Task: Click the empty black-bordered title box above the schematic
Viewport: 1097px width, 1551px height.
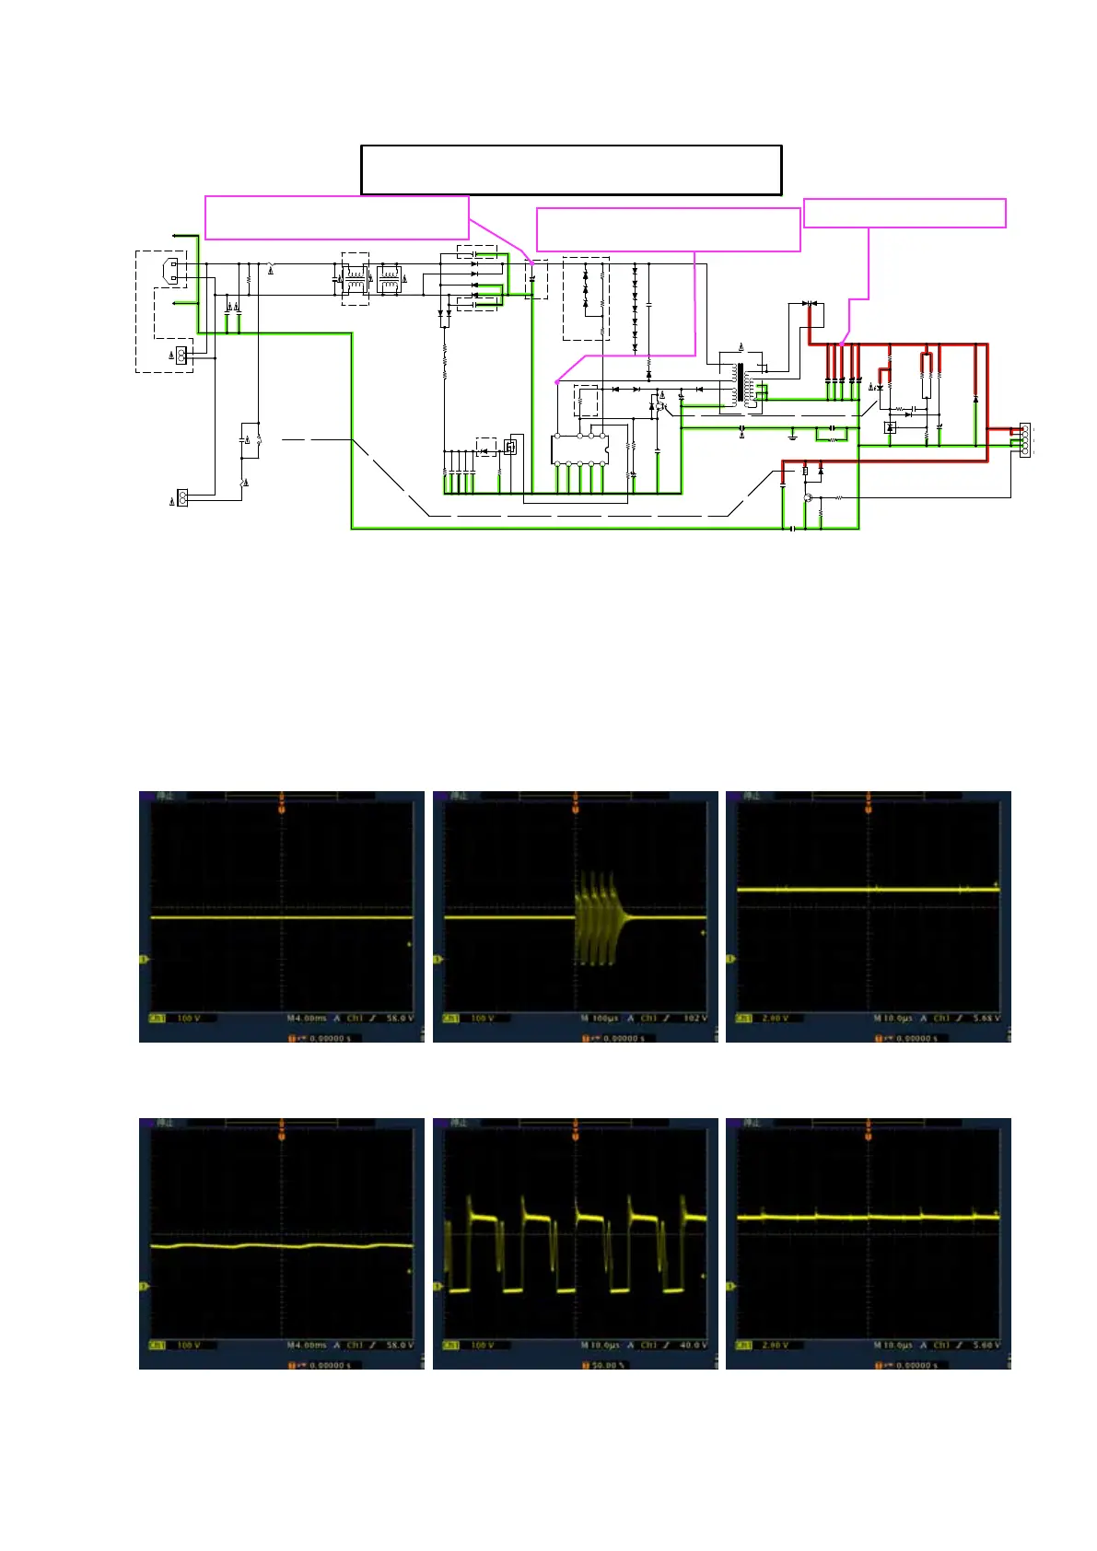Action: pyautogui.click(x=571, y=169)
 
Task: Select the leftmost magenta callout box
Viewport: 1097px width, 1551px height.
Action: pyautogui.click(x=336, y=217)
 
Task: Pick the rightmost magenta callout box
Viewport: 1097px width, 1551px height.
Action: pyautogui.click(x=904, y=213)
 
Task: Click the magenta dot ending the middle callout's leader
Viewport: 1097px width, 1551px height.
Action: pyautogui.click(x=556, y=381)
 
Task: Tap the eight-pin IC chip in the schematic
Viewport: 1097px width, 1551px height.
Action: pyautogui.click(x=579, y=449)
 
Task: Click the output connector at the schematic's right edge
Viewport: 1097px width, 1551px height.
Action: pyautogui.click(x=1025, y=440)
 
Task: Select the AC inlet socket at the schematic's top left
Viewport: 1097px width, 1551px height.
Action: pyautogui.click(x=171, y=271)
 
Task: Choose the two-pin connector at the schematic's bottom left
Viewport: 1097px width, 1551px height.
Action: pyautogui.click(x=182, y=498)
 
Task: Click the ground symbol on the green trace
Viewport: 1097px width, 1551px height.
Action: pyautogui.click(x=793, y=434)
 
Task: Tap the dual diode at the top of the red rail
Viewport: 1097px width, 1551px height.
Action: pyautogui.click(x=810, y=303)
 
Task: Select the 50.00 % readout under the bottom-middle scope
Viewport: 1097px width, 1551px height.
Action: pyautogui.click(x=608, y=1365)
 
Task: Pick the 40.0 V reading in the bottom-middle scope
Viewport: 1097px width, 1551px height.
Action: pyautogui.click(x=694, y=1346)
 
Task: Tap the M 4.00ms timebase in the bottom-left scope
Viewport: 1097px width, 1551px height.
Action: pyautogui.click(x=307, y=1346)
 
